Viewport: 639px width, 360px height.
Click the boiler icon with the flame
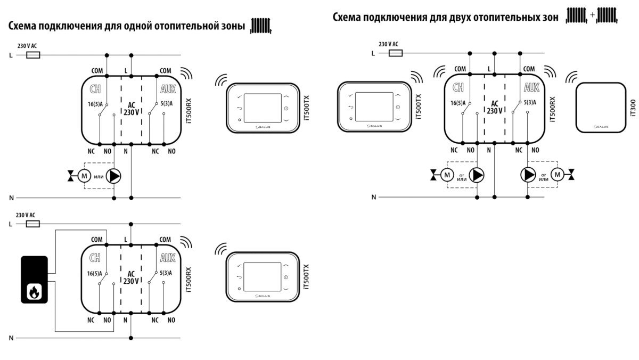(x=34, y=280)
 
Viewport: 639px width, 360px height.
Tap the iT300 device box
(x=600, y=107)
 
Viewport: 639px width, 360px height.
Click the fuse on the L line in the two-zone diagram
(x=395, y=53)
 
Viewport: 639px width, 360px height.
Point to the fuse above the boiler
(x=33, y=224)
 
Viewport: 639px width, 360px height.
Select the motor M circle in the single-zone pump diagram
(x=85, y=175)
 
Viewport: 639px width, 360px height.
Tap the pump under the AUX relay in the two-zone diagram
(x=528, y=174)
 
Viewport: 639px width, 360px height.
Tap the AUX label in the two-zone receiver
(x=531, y=87)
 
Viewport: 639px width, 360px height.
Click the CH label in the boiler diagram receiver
(x=95, y=258)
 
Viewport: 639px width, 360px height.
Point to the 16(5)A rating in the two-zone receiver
(x=459, y=102)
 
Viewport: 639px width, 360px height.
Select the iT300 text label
(x=633, y=107)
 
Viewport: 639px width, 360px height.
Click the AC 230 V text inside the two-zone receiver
(x=495, y=107)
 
